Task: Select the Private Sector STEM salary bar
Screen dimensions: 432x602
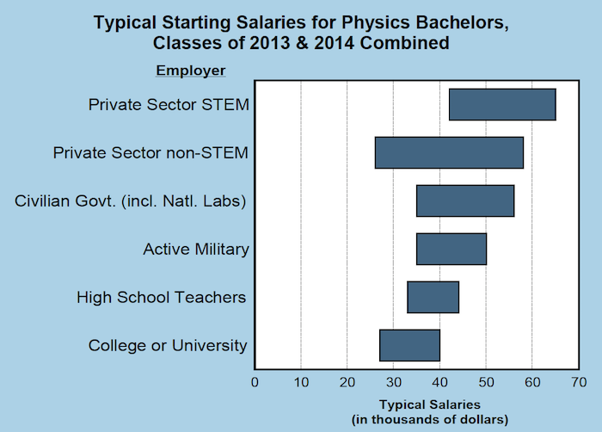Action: coord(502,104)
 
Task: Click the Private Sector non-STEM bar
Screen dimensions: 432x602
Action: coord(449,152)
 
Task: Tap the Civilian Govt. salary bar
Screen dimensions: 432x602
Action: coord(465,201)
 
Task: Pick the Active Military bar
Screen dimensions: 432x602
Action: coord(451,249)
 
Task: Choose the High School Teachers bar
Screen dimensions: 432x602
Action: coord(433,297)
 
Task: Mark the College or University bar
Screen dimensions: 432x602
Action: coord(409,345)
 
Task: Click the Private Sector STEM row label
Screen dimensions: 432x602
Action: coord(169,105)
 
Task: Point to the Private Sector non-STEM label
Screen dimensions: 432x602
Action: coord(150,153)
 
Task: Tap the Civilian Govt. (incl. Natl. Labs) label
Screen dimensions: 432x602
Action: coord(132,201)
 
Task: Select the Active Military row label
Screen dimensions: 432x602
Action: coord(196,250)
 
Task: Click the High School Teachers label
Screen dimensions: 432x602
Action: coord(162,298)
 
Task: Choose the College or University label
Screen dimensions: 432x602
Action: coord(168,346)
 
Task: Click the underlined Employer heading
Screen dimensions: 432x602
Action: coord(190,70)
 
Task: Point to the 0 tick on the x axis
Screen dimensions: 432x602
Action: coord(255,380)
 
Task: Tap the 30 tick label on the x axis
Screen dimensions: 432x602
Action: coord(393,380)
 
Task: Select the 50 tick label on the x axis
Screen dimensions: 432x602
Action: coord(486,380)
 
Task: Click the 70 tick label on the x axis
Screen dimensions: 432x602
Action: coord(579,380)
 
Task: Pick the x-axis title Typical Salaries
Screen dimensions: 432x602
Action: coord(429,404)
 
